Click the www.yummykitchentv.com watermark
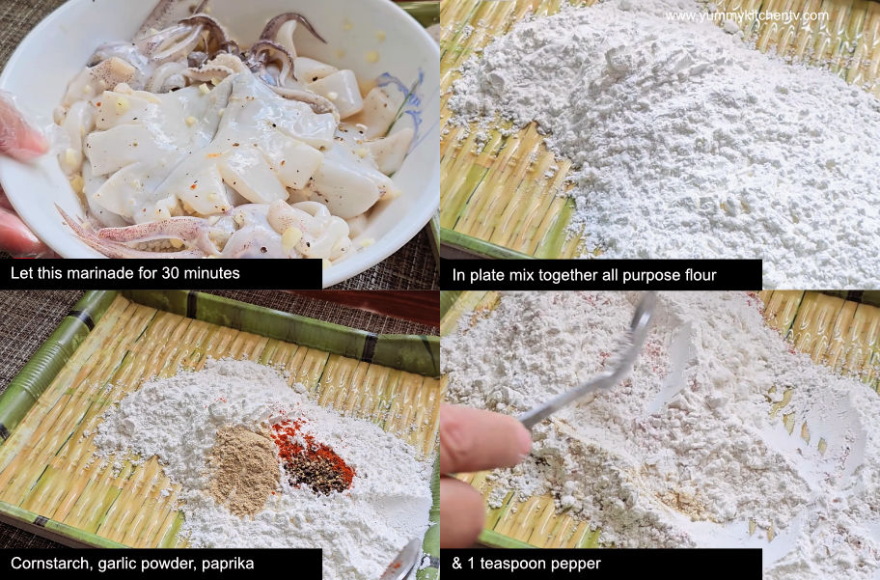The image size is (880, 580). pos(746,15)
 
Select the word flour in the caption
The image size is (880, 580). pos(694,274)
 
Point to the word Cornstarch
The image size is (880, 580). pos(47,564)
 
